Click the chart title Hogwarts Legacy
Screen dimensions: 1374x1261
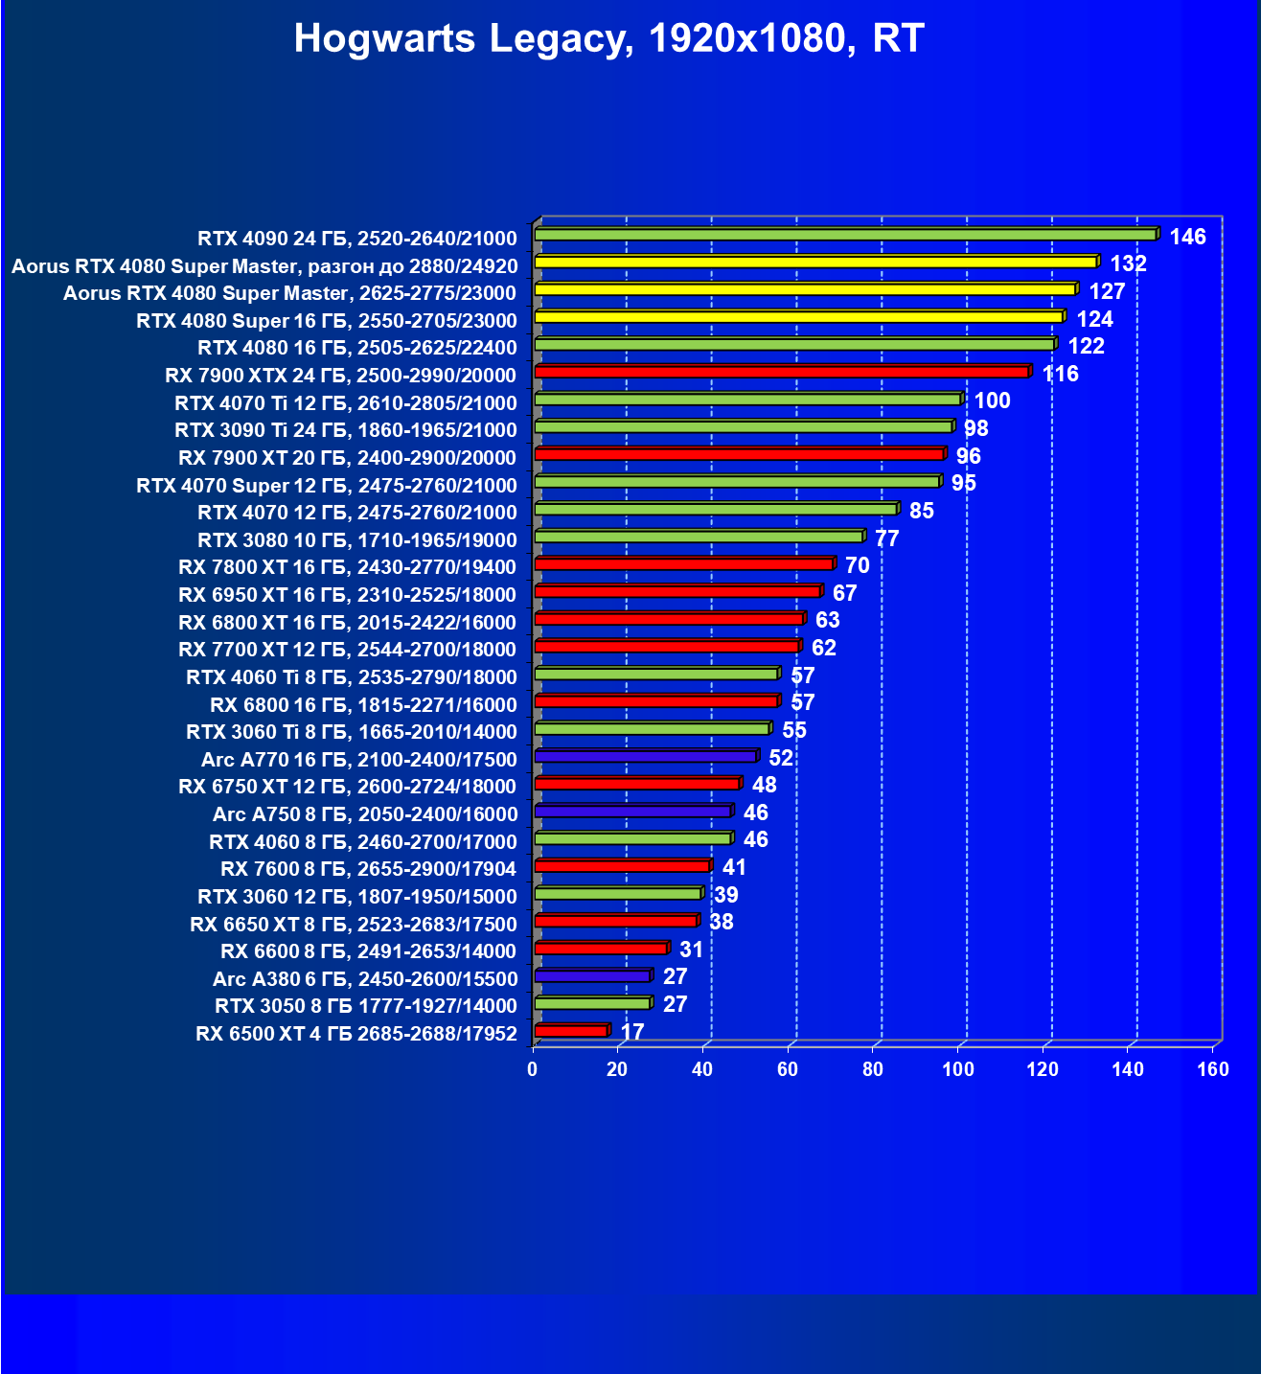pyautogui.click(x=608, y=38)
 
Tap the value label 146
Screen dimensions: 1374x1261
pyautogui.click(x=1187, y=237)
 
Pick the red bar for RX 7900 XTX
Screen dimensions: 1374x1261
pyautogui.click(x=781, y=372)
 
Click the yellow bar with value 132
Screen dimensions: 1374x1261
pyautogui.click(x=814, y=262)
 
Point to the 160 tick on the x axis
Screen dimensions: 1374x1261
pyautogui.click(x=1213, y=1069)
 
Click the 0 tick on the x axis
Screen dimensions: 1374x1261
pyautogui.click(x=533, y=1069)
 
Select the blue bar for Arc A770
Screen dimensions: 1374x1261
pyautogui.click(x=645, y=757)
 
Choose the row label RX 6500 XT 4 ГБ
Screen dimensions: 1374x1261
pyautogui.click(x=356, y=1034)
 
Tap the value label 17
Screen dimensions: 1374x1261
pyautogui.click(x=632, y=1032)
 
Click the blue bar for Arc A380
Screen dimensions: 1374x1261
pyautogui.click(x=592, y=976)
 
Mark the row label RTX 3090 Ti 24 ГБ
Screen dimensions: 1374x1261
pyautogui.click(x=345, y=430)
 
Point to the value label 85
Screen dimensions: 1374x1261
pyautogui.click(x=921, y=511)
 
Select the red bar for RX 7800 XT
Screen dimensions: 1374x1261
pyautogui.click(x=683, y=564)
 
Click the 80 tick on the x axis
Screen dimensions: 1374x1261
pyautogui.click(x=873, y=1069)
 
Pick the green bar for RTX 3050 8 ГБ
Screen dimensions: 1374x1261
pyautogui.click(x=592, y=1003)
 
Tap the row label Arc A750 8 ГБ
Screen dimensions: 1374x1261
pyautogui.click(x=365, y=814)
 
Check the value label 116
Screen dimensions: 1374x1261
pyautogui.click(x=1061, y=374)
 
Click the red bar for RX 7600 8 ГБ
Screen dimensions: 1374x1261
pyautogui.click(x=621, y=866)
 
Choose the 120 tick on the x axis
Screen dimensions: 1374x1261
pyautogui.click(x=1043, y=1069)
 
